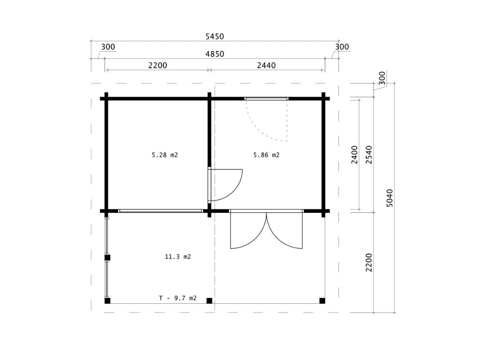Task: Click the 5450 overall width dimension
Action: point(215,37)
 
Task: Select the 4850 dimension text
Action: point(215,54)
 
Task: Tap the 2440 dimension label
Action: point(266,65)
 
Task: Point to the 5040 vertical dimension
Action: point(390,198)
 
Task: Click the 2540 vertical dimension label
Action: point(369,155)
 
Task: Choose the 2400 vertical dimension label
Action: point(354,155)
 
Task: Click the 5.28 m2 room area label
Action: point(165,155)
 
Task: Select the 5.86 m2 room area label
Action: point(266,155)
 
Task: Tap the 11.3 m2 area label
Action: point(178,257)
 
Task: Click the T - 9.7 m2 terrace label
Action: point(178,298)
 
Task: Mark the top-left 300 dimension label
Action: point(108,47)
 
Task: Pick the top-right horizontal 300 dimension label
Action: point(342,47)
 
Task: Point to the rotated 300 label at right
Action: point(382,78)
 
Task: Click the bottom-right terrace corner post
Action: point(322,301)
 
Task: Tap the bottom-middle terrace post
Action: point(209,301)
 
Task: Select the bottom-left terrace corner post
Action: point(107,301)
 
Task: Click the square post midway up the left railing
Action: point(107,258)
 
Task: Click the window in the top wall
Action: point(266,99)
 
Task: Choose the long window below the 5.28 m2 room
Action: point(160,211)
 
